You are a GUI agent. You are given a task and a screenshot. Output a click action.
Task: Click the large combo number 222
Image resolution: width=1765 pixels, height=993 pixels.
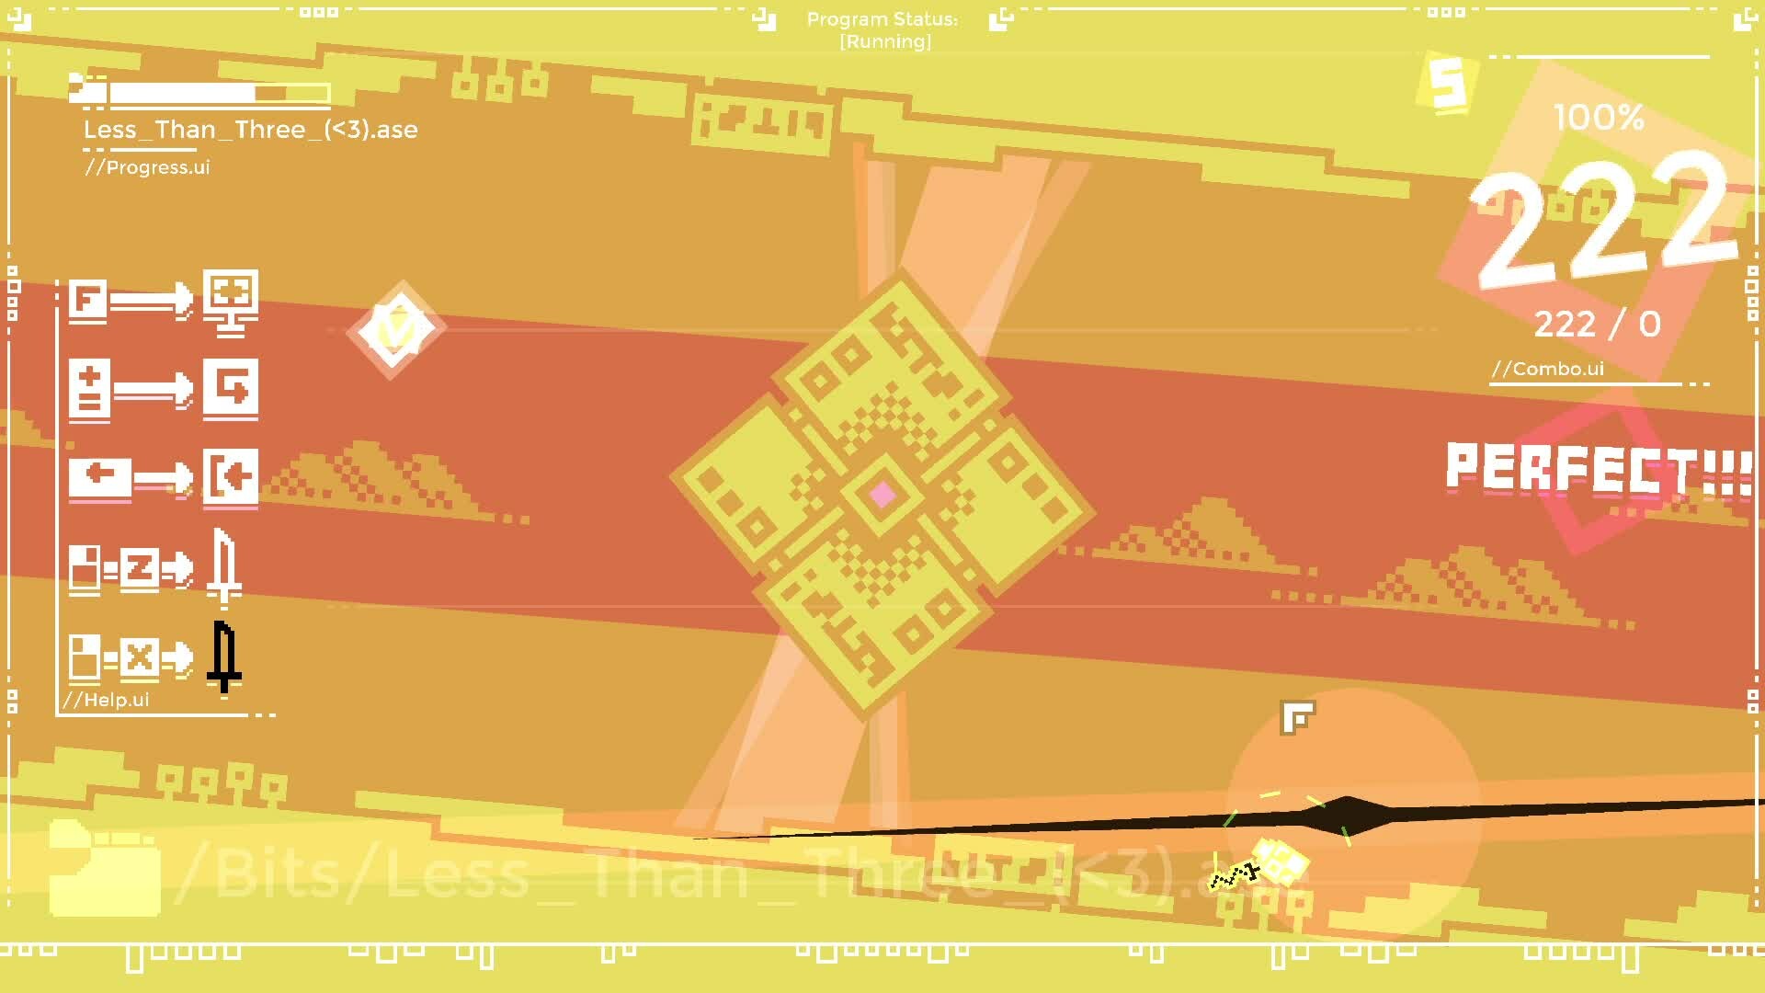tap(1604, 225)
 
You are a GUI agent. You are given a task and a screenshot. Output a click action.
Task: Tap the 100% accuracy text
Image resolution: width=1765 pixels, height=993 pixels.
tap(1598, 118)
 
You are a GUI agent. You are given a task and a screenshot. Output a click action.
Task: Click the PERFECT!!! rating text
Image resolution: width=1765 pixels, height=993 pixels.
tap(1598, 469)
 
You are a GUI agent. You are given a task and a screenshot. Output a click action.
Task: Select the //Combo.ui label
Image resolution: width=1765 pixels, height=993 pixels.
tap(1548, 369)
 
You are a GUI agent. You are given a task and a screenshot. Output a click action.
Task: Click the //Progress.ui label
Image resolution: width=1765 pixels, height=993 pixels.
tap(148, 167)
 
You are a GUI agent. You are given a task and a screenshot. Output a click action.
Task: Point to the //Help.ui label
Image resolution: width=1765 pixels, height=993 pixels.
tap(107, 700)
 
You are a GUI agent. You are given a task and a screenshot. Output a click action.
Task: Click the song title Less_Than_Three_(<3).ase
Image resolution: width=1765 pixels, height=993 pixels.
tap(250, 130)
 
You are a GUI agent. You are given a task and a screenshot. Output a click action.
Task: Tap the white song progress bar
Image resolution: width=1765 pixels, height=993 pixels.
tap(219, 93)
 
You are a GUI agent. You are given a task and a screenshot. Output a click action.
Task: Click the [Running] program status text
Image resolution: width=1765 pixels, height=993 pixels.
tap(885, 41)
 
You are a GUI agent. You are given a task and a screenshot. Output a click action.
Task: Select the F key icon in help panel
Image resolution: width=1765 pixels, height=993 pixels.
tap(88, 300)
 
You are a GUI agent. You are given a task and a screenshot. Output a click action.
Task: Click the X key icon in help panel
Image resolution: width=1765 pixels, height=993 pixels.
tap(139, 658)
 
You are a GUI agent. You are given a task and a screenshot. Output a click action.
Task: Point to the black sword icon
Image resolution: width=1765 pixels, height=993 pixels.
tap(223, 656)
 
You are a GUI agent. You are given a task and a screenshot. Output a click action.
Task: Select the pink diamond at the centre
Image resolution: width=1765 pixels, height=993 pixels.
tap(882, 496)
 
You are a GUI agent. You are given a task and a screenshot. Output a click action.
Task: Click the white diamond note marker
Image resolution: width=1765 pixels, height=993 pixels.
tap(395, 329)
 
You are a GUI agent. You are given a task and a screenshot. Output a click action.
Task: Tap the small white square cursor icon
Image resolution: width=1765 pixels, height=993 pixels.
tap(1297, 717)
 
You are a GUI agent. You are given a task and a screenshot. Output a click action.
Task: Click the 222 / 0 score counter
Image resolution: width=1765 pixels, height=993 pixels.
tap(1597, 324)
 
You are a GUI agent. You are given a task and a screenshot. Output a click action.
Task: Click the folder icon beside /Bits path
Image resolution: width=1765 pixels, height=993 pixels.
tap(104, 869)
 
